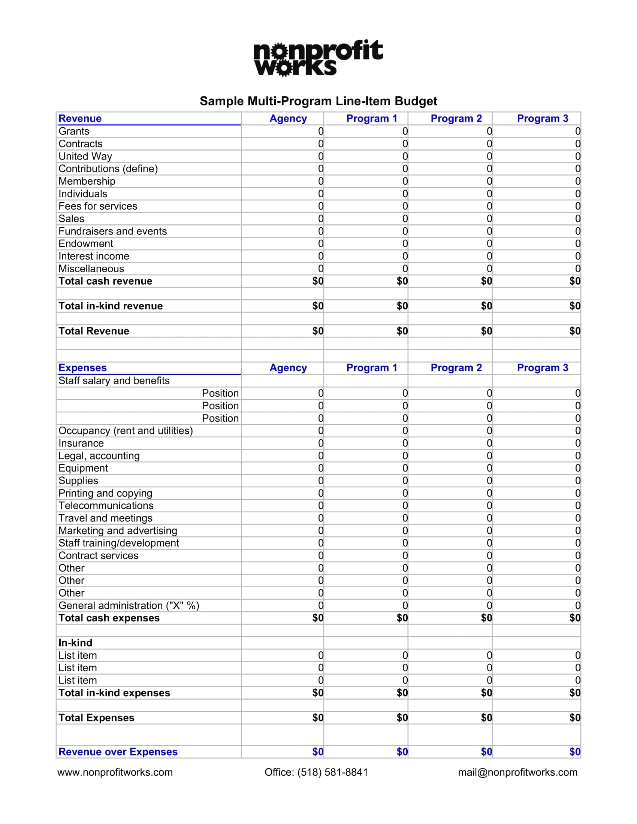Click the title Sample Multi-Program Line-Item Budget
pyautogui.click(x=318, y=101)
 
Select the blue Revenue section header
pyautogui.click(x=80, y=118)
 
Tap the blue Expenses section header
pyautogui.click(x=82, y=367)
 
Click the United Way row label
pyautogui.click(x=85, y=156)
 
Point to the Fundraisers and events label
pyautogui.click(x=112, y=231)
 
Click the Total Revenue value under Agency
pyautogui.click(x=318, y=331)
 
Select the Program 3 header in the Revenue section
pyautogui.click(x=542, y=118)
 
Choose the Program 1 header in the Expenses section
pyautogui.click(x=372, y=367)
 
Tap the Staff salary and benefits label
pyautogui.click(x=114, y=381)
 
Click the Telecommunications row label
pyautogui.click(x=106, y=506)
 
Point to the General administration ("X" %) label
pyautogui.click(x=129, y=606)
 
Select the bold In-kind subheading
pyautogui.click(x=75, y=643)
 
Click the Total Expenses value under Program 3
pyautogui.click(x=574, y=718)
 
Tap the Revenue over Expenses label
pyautogui.click(x=118, y=752)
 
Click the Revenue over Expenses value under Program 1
pyautogui.click(x=402, y=752)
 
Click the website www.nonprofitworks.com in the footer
pyautogui.click(x=115, y=772)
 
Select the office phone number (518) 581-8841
pyautogui.click(x=332, y=772)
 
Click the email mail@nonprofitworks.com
pyautogui.click(x=517, y=772)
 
